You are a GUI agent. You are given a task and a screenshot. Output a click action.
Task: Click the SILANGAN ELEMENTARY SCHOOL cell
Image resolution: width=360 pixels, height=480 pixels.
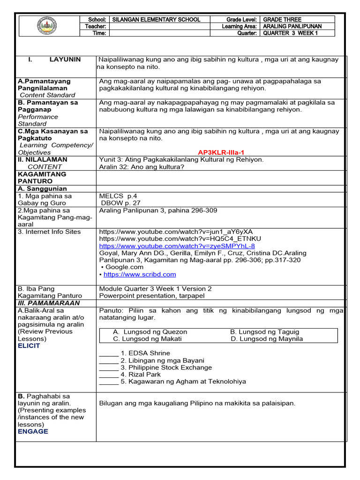pyautogui.click(x=156, y=20)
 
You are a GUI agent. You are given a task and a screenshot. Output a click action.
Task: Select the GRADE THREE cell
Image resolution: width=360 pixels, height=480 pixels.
pyautogui.click(x=282, y=20)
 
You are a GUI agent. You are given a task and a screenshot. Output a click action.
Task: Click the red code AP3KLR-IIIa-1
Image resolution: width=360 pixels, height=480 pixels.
pyautogui.click(x=221, y=152)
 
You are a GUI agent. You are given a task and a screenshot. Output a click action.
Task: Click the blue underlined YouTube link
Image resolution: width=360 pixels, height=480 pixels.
pyautogui.click(x=177, y=246)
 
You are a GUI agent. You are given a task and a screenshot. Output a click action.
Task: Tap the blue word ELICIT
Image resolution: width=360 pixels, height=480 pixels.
pyautogui.click(x=29, y=346)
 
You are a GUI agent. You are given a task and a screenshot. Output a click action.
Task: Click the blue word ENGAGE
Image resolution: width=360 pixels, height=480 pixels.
pyautogui.click(x=33, y=431)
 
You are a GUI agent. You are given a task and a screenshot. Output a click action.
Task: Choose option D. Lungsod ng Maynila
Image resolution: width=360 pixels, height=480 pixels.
pyautogui.click(x=267, y=338)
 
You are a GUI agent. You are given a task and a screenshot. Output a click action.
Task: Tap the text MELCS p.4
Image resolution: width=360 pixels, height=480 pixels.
pyautogui.click(x=118, y=196)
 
